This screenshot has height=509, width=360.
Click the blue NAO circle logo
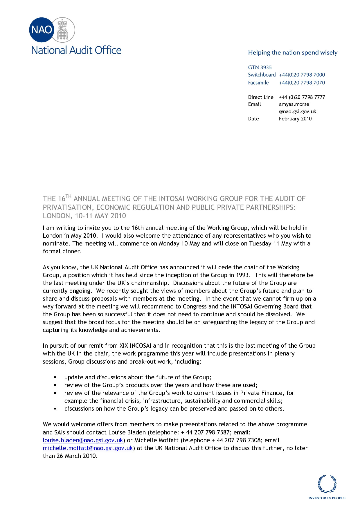point(42,30)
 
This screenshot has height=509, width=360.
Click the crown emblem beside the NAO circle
point(62,30)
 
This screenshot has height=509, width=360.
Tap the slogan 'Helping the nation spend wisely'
point(293,53)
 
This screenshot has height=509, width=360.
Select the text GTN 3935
point(260,67)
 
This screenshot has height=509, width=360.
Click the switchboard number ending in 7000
point(302,75)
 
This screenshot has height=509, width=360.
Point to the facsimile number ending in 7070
point(302,83)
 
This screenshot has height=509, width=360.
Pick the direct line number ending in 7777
point(302,97)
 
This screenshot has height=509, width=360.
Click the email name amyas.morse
point(294,104)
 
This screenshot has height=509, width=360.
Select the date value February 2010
point(295,119)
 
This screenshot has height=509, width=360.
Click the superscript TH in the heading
point(68,196)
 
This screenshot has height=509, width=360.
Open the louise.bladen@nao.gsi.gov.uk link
point(83,440)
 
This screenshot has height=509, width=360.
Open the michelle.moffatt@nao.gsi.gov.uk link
point(88,448)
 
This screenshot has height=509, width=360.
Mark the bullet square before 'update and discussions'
point(55,378)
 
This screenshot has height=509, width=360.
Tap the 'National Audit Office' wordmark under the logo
point(76,50)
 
